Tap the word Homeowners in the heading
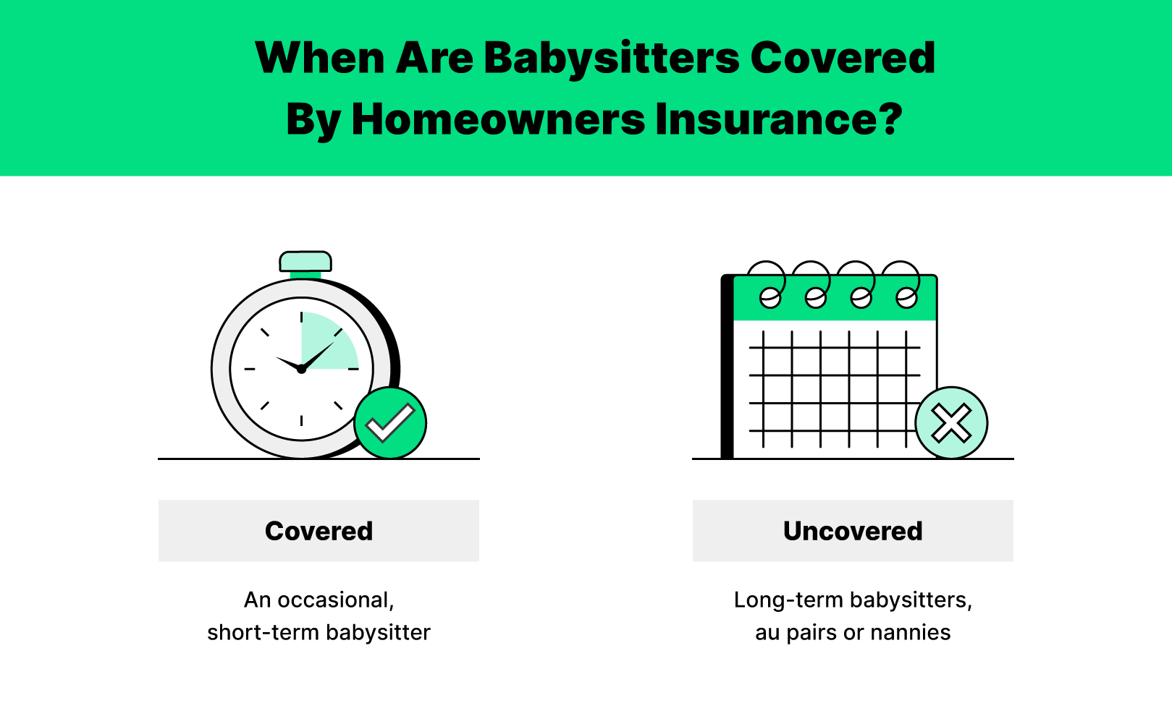click(498, 120)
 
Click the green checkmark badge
click(390, 423)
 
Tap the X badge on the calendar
click(952, 423)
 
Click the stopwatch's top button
click(305, 261)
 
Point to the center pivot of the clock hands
click(301, 370)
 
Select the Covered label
click(319, 531)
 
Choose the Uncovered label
click(853, 531)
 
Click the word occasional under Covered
click(335, 600)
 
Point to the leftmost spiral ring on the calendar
click(768, 284)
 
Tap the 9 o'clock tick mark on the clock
click(250, 369)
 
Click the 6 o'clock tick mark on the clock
click(301, 420)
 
